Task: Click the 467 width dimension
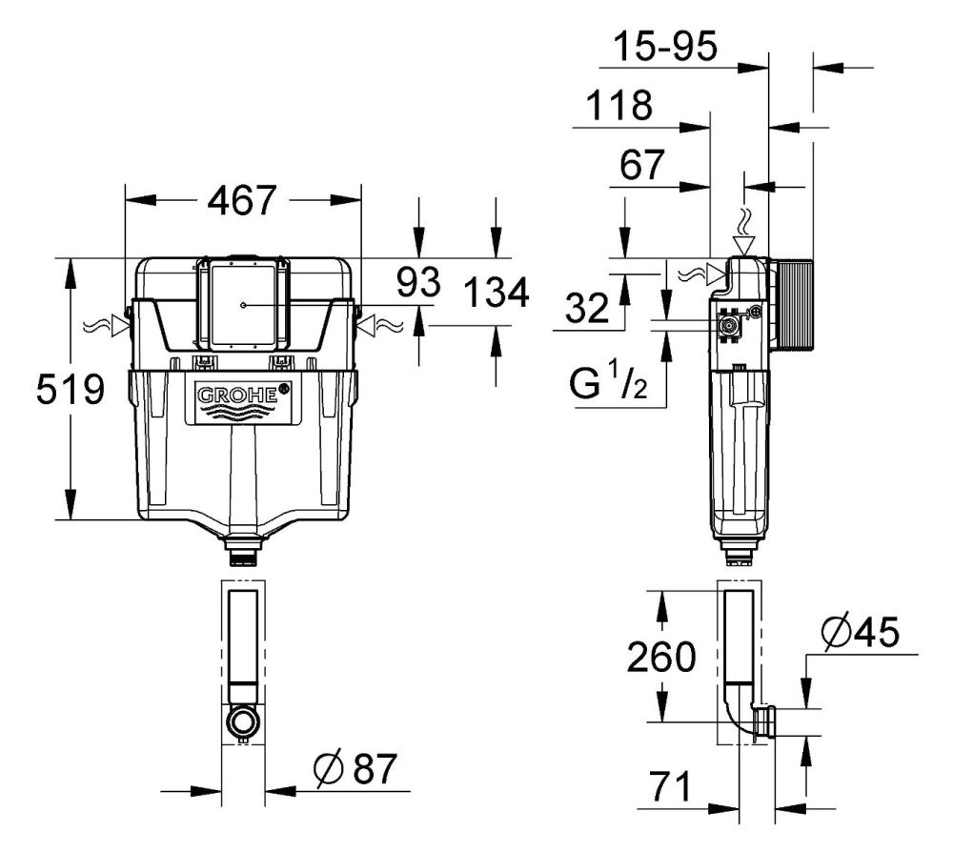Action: pos(242,201)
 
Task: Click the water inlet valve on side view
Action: pos(731,325)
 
